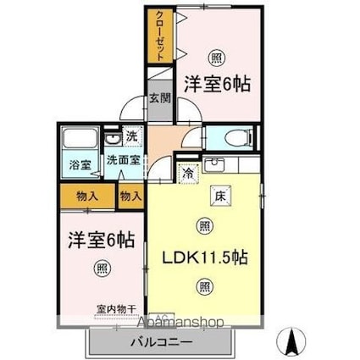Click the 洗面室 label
[x=123, y=159]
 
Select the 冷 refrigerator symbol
[x=187, y=172]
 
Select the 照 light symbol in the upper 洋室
[x=216, y=58]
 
